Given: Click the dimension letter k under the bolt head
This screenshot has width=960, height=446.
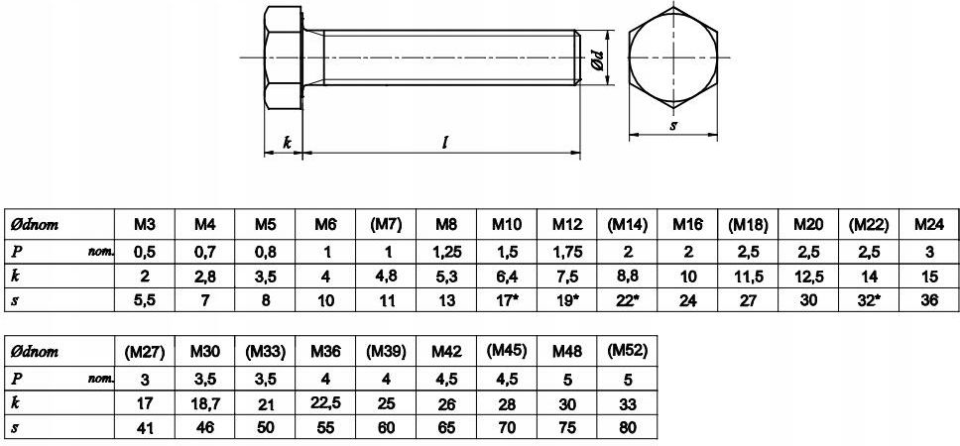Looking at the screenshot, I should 288,143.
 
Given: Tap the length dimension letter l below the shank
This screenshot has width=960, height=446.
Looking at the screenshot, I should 445,143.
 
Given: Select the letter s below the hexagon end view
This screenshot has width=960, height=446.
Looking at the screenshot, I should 672,125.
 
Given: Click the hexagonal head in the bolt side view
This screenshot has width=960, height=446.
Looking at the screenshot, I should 283,59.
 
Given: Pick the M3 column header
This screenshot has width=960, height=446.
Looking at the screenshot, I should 144,224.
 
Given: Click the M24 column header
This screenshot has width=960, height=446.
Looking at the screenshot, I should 928,224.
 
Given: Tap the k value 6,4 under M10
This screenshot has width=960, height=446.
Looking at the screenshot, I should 506,275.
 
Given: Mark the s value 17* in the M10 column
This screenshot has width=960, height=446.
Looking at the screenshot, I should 507,300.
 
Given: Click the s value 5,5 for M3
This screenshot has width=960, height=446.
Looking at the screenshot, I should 144,300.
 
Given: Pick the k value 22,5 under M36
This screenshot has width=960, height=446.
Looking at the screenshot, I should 324,403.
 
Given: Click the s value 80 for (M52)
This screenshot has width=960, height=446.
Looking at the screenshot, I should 627,428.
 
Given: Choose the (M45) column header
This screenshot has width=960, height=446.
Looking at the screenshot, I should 506,351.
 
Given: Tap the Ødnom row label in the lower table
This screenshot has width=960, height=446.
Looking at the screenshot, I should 35,352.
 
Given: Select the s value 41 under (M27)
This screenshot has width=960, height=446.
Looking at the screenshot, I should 144,428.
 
